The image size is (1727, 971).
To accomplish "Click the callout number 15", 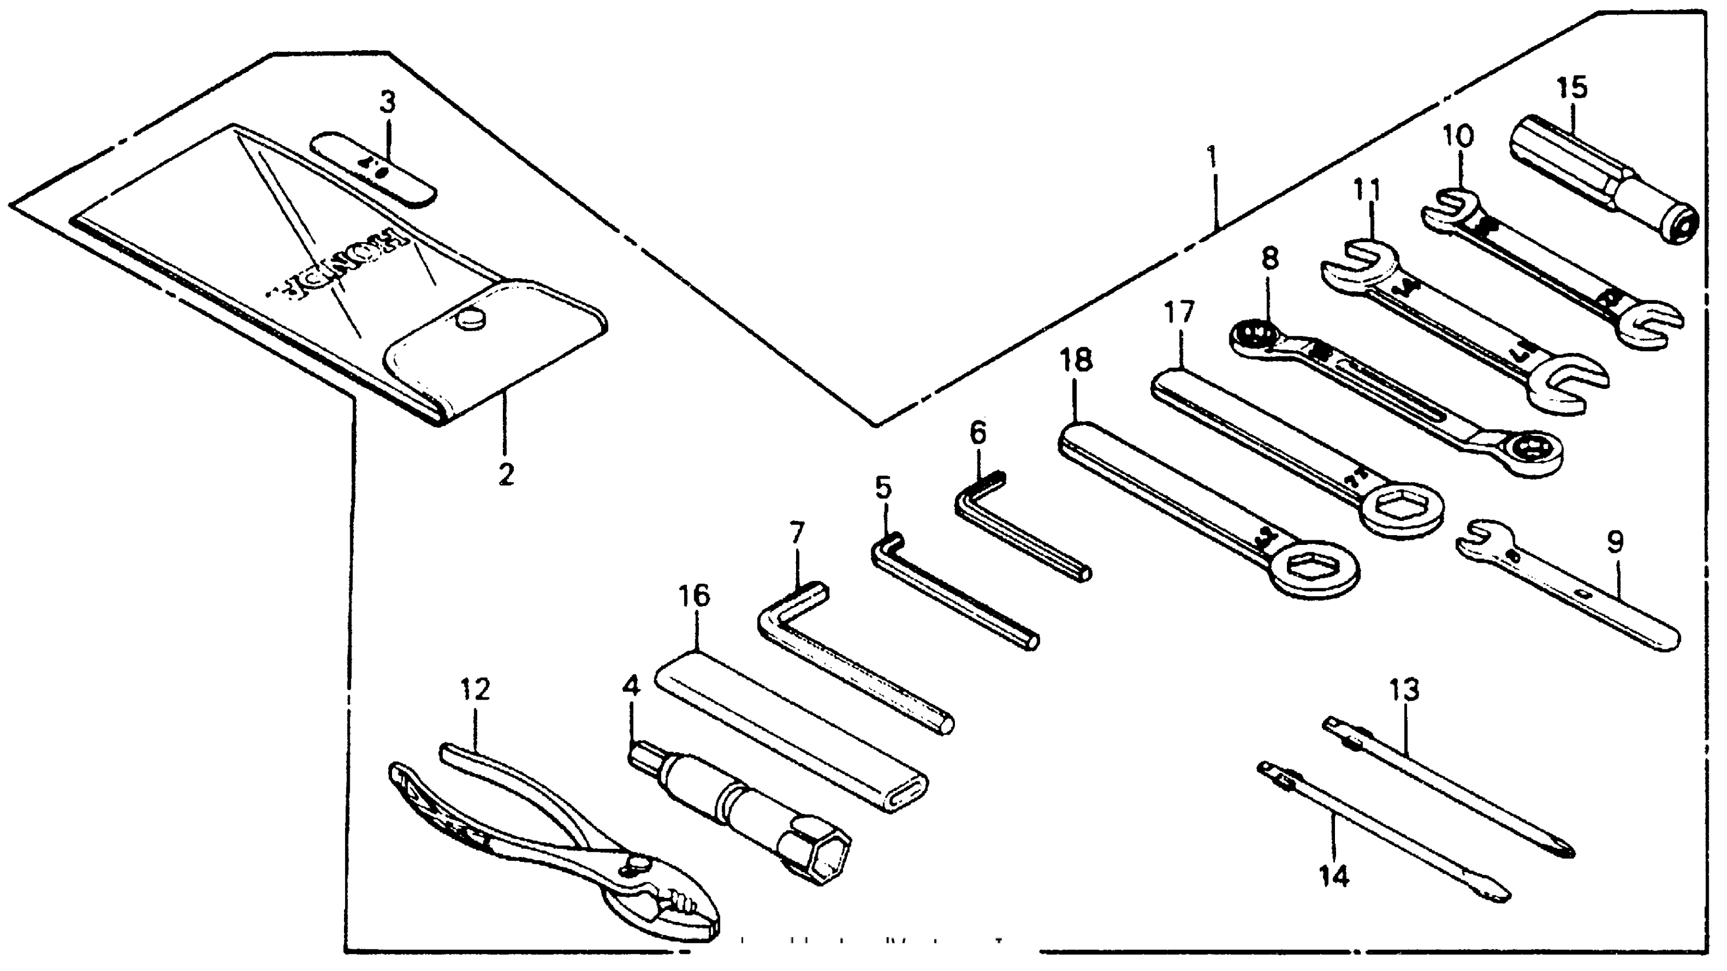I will pyautogui.click(x=1572, y=88).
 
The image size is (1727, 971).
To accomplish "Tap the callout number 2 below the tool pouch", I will pyautogui.click(x=506, y=475).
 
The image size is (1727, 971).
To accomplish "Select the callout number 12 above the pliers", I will pyautogui.click(x=475, y=689).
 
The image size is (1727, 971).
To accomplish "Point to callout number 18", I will pyautogui.click(x=1076, y=360).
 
